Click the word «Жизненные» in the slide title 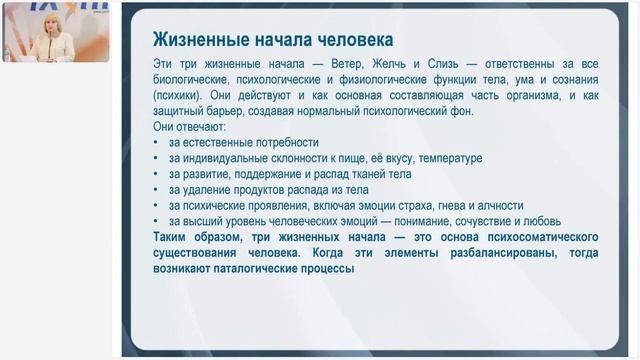click(x=195, y=39)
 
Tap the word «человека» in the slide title click(x=350, y=39)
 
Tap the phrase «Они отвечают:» click(x=189, y=127)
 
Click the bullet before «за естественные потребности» click(x=157, y=142)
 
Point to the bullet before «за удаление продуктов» click(x=157, y=189)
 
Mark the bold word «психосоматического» click(x=534, y=236)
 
